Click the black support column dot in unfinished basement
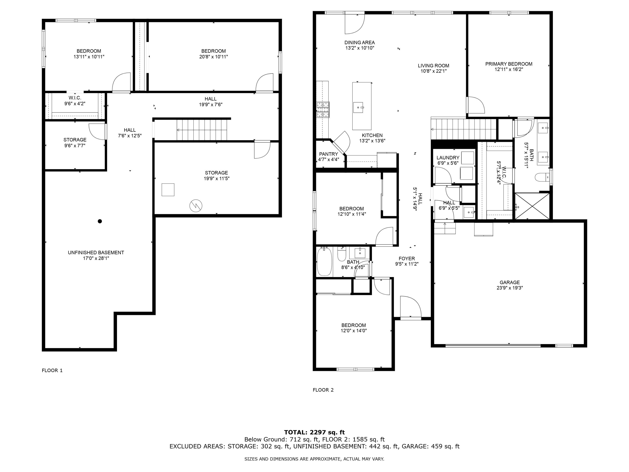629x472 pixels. (100, 221)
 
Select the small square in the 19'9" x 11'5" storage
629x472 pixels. (168, 190)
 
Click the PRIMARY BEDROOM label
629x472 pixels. (508, 64)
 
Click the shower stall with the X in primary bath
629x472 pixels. (532, 206)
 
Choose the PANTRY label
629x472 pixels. (328, 154)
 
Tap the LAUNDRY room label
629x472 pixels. (448, 158)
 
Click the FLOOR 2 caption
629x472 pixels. (323, 390)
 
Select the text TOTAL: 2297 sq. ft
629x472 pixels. (314, 432)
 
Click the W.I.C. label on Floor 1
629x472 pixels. (75, 98)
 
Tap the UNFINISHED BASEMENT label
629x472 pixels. (96, 253)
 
